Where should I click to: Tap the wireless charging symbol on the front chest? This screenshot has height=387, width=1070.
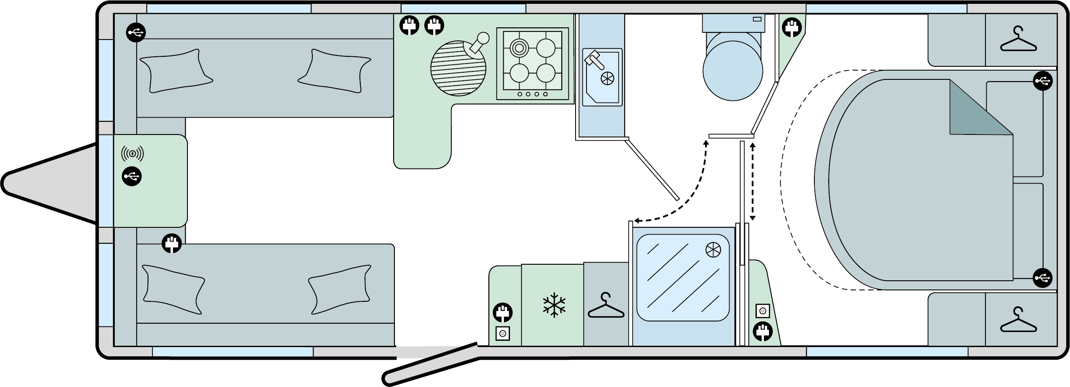[132, 154]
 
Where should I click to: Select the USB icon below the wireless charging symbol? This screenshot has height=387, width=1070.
[132, 177]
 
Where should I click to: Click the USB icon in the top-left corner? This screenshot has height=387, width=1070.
[136, 32]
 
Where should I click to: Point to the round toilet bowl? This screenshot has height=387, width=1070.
[732, 71]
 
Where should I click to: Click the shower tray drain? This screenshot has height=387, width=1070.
[713, 250]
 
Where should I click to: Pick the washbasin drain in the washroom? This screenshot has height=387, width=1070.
[608, 78]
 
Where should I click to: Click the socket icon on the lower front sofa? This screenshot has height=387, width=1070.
[172, 243]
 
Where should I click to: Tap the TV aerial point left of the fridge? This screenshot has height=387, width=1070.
[503, 334]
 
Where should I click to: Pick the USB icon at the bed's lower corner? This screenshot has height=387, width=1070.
[1043, 278]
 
